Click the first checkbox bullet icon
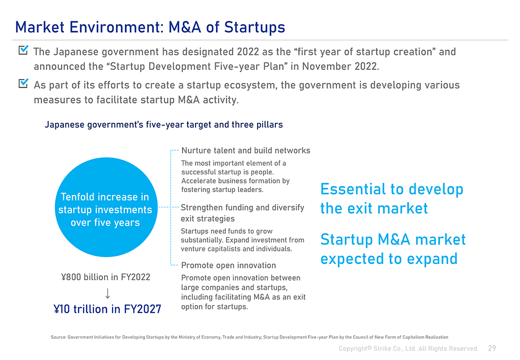click(24, 50)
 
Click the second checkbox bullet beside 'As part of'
click(24, 83)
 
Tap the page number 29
click(492, 348)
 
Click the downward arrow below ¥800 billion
click(107, 293)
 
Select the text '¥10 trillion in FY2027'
click(107, 309)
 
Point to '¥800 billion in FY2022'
click(106, 277)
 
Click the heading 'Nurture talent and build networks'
click(246, 151)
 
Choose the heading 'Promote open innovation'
click(228, 265)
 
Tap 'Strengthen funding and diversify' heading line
click(243, 207)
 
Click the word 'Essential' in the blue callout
click(353, 189)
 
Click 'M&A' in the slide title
click(185, 27)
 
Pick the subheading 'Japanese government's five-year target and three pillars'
click(164, 125)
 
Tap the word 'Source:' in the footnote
click(58, 337)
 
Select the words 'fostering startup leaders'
click(222, 190)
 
